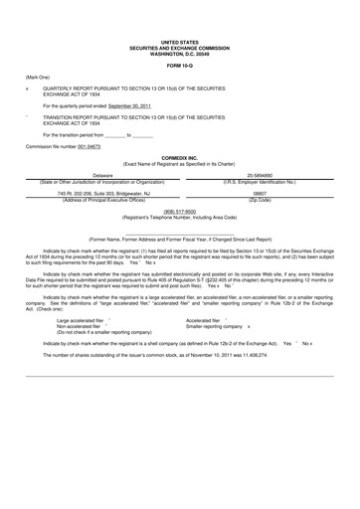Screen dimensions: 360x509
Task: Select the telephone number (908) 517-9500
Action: tap(179, 211)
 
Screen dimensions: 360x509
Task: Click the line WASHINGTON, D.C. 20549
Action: tap(179, 54)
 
